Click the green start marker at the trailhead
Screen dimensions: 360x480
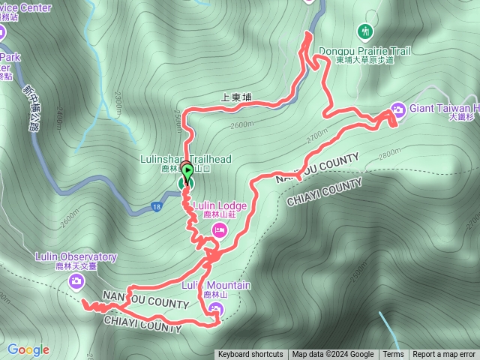click(187, 172)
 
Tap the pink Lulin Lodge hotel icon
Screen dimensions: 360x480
click(219, 229)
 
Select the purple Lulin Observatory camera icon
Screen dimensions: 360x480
click(76, 281)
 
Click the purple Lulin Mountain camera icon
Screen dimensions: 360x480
click(217, 309)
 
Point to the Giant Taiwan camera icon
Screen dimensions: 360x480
click(397, 109)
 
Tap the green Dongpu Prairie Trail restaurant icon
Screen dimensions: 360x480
click(364, 31)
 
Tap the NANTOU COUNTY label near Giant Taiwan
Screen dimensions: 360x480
click(317, 169)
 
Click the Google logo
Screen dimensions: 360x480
click(28, 349)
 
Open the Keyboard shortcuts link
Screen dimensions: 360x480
click(250, 355)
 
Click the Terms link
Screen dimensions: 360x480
click(393, 355)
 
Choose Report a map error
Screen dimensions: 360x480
click(445, 355)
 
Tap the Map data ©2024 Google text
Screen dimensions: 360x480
click(333, 355)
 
